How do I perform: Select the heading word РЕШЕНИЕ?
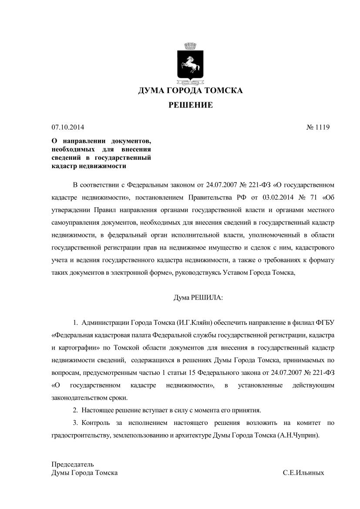click(x=191, y=105)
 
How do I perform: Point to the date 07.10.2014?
click(x=67, y=128)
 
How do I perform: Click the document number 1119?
click(x=323, y=128)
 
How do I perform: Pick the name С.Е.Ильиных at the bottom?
click(x=303, y=472)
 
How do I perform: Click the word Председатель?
click(x=73, y=464)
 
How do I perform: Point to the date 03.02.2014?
click(x=278, y=197)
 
